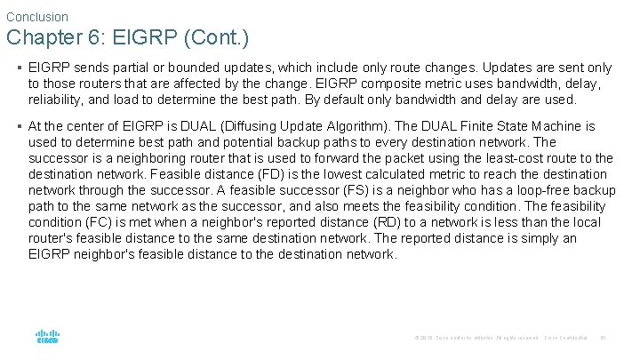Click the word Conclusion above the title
(36, 16)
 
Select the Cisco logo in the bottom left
(47, 337)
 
